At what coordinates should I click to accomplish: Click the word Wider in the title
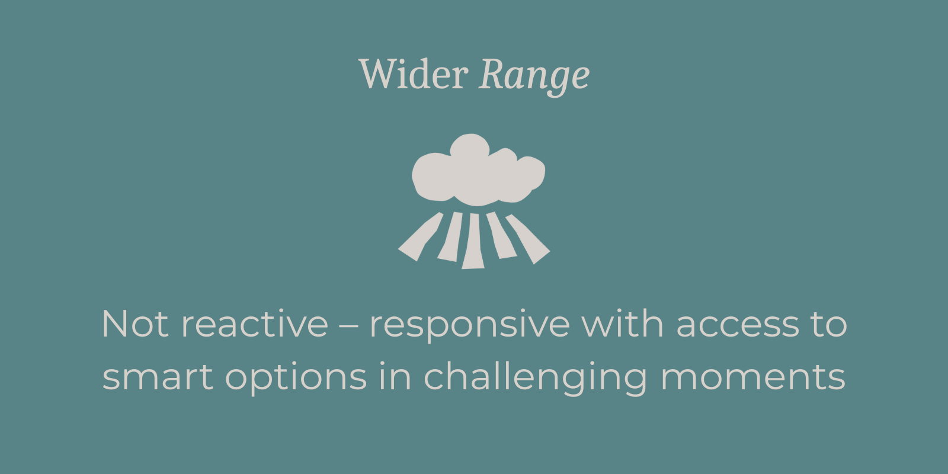(413, 75)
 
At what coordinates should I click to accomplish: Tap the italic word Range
(534, 76)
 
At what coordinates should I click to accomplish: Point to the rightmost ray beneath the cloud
(527, 238)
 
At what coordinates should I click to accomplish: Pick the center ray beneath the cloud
(473, 241)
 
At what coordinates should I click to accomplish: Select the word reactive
(254, 324)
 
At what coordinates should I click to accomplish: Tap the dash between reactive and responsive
(349, 326)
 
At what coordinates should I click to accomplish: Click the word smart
(158, 377)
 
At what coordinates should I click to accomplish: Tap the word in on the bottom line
(395, 376)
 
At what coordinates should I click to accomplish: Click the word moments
(752, 377)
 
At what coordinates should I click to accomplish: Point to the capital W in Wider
(377, 74)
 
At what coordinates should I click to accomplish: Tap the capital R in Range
(492, 74)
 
